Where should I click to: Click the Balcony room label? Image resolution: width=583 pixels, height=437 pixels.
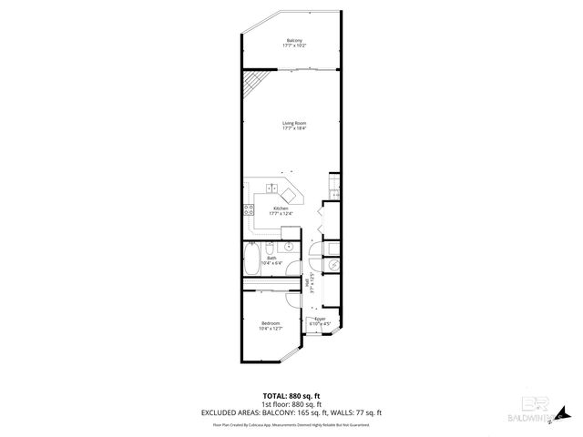click(294, 41)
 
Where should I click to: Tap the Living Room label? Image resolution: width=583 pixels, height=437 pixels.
click(293, 123)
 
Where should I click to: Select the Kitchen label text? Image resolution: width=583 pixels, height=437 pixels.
click(281, 208)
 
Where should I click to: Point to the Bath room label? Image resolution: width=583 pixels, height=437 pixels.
click(271, 258)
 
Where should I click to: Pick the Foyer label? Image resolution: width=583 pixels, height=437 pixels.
click(320, 319)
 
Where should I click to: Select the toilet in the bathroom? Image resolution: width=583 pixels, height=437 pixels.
click(288, 247)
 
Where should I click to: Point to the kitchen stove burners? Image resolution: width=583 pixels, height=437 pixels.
click(248, 211)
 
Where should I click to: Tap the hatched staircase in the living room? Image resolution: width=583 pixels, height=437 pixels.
click(251, 86)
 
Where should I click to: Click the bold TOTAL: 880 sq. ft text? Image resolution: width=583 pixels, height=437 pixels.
click(291, 395)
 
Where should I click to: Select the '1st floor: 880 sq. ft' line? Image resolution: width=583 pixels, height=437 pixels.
click(291, 403)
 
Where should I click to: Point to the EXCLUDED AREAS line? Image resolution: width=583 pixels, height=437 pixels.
click(291, 412)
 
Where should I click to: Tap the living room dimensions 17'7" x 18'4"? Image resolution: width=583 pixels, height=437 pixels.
click(293, 128)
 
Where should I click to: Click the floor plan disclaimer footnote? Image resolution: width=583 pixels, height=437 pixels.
click(291, 424)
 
